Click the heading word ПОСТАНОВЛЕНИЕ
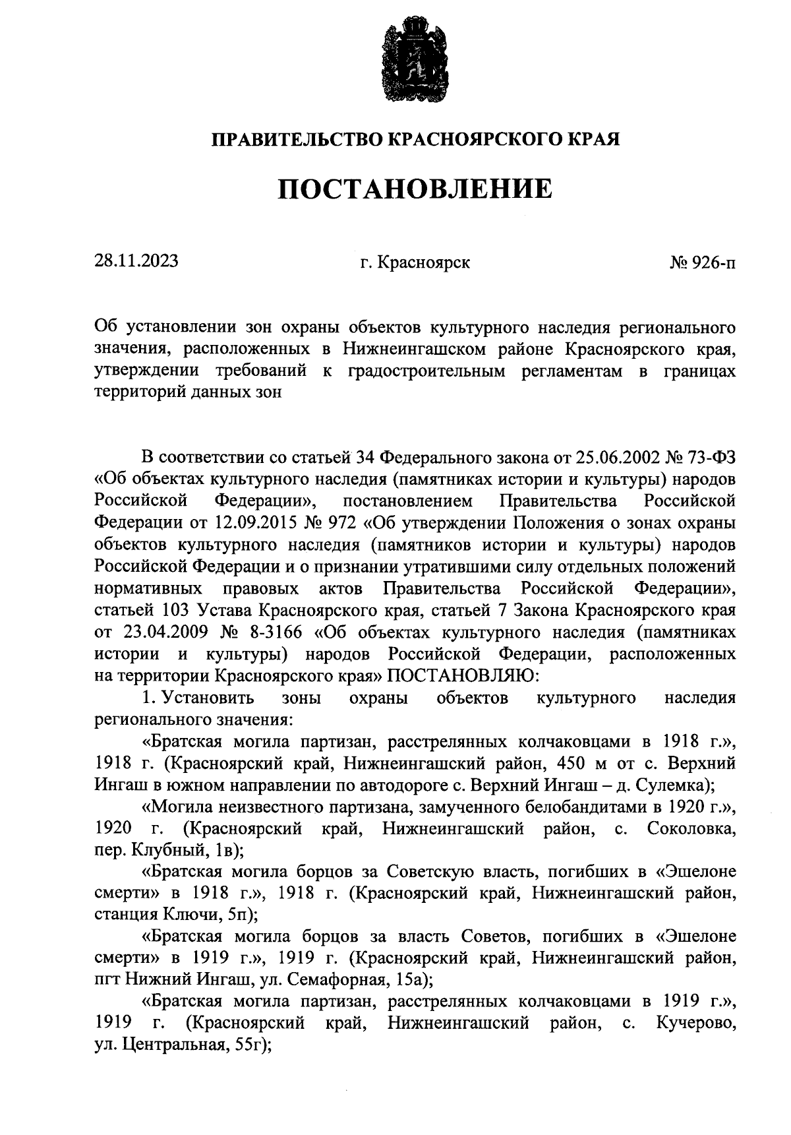(x=415, y=189)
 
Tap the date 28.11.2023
(x=136, y=261)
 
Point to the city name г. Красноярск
(x=415, y=262)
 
